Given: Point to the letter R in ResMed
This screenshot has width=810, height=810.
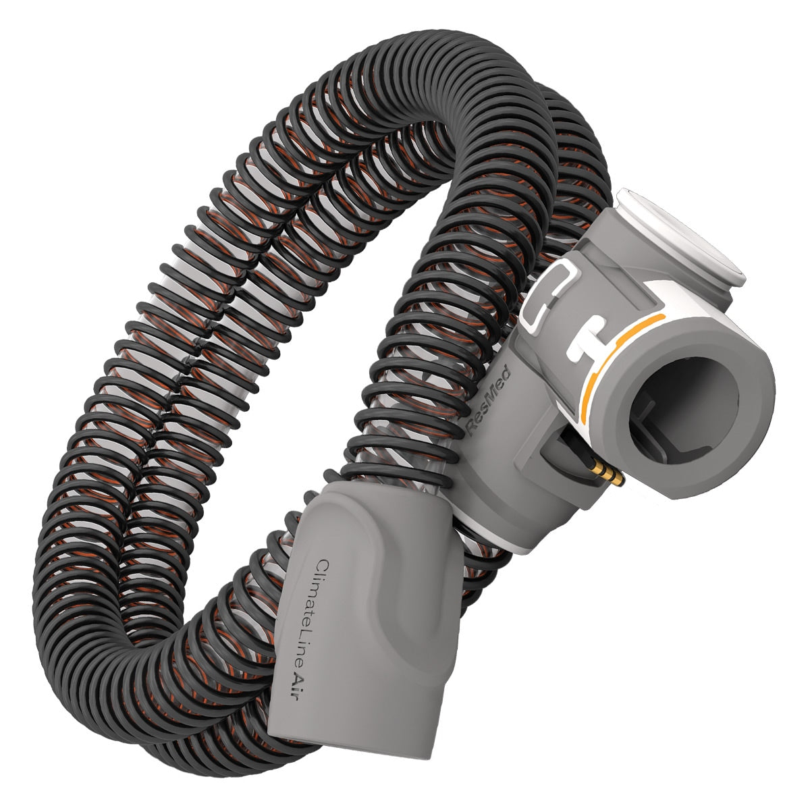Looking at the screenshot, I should (x=475, y=428).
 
